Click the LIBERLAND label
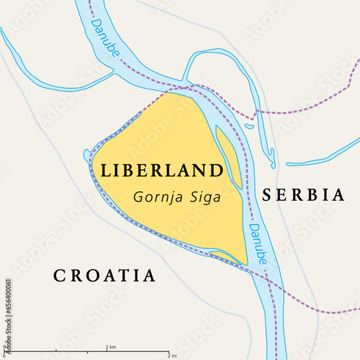pyautogui.click(x=162, y=171)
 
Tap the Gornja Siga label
pyautogui.click(x=177, y=194)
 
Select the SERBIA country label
pyautogui.click(x=303, y=194)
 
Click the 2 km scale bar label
pyautogui.click(x=110, y=347)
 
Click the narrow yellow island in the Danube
pyautogui.click(x=229, y=153)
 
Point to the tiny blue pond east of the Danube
pyautogui.click(x=248, y=126)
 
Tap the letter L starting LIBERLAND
pyautogui.click(x=106, y=171)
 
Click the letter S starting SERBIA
pyautogui.click(x=268, y=194)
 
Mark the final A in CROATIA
pyautogui.click(x=149, y=275)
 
